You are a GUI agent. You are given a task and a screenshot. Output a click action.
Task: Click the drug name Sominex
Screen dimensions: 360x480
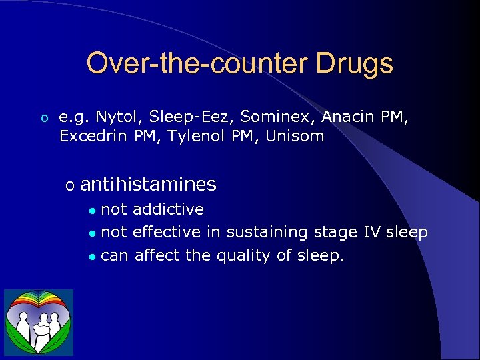click(x=278, y=117)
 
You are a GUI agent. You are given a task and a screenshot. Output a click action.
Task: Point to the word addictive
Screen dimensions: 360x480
click(x=168, y=209)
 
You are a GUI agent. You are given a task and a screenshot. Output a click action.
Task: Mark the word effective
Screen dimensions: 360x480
click(x=167, y=232)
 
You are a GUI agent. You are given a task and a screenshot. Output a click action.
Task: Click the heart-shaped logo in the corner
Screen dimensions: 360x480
click(x=39, y=323)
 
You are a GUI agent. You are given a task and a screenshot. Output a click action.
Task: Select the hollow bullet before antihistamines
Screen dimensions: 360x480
click(x=69, y=185)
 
